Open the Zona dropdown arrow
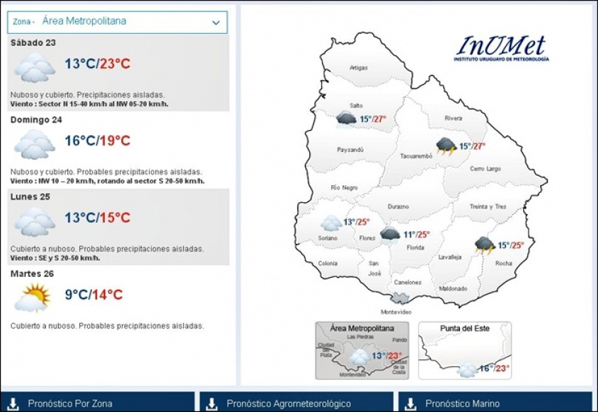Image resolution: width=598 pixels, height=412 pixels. click(x=216, y=23)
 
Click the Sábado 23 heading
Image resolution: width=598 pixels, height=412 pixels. click(x=33, y=42)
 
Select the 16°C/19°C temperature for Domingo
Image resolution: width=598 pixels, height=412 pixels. click(x=98, y=141)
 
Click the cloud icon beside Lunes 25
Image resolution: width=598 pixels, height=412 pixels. click(x=35, y=222)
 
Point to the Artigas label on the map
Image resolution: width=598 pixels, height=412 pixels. click(x=359, y=68)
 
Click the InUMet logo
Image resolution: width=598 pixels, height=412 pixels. click(x=502, y=48)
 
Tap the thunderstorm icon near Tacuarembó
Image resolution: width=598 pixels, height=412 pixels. click(x=447, y=146)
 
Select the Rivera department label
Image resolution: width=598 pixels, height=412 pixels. click(x=453, y=119)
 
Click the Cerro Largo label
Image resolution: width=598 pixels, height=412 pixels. click(x=485, y=169)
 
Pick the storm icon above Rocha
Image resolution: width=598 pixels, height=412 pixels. click(x=485, y=245)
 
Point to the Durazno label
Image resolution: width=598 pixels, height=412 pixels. click(x=398, y=207)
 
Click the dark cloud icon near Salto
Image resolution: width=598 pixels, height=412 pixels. click(x=346, y=119)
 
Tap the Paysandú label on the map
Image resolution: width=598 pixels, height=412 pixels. click(x=350, y=150)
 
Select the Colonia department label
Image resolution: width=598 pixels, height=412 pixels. click(x=328, y=264)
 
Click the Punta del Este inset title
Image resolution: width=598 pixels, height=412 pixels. click(x=464, y=328)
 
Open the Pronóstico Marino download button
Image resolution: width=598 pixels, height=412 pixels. click(x=495, y=403)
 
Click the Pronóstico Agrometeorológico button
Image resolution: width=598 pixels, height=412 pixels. click(x=297, y=403)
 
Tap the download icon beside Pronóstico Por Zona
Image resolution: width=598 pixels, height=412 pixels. click(x=13, y=404)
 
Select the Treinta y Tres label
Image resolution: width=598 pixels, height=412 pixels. click(x=488, y=207)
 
